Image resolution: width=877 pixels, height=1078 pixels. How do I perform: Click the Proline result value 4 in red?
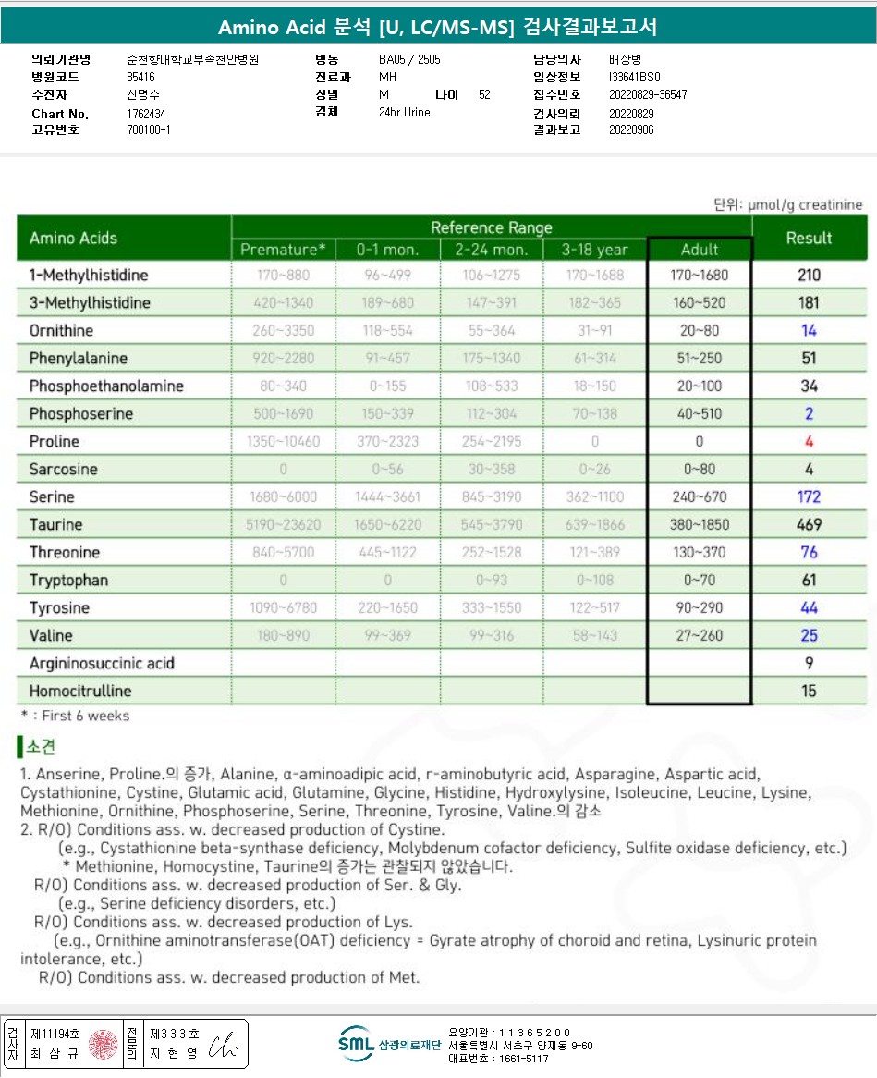point(810,441)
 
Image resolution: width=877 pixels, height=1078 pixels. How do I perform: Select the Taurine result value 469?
point(810,524)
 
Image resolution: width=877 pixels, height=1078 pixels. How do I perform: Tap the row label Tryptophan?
point(68,580)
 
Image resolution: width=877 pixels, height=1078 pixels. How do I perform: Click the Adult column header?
point(700,250)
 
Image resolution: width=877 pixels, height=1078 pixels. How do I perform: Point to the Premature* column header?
point(283,250)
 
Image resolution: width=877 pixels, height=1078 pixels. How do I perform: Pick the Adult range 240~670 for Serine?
point(700,496)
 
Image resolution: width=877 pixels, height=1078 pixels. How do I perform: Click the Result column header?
point(810,238)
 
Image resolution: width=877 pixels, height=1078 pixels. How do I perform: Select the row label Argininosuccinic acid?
point(102,663)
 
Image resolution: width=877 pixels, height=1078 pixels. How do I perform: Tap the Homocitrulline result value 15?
point(810,691)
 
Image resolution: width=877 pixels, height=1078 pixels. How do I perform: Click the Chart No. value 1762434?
point(146,114)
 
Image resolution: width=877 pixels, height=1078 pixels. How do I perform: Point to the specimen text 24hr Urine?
point(405,113)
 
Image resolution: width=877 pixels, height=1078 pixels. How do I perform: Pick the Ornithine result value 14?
point(810,330)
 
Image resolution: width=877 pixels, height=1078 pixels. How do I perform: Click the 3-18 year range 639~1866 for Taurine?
point(595,524)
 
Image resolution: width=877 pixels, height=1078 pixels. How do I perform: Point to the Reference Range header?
point(492,227)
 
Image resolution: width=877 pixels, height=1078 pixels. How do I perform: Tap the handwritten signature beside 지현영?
point(224,1045)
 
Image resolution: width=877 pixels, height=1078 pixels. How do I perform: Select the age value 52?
point(485,95)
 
